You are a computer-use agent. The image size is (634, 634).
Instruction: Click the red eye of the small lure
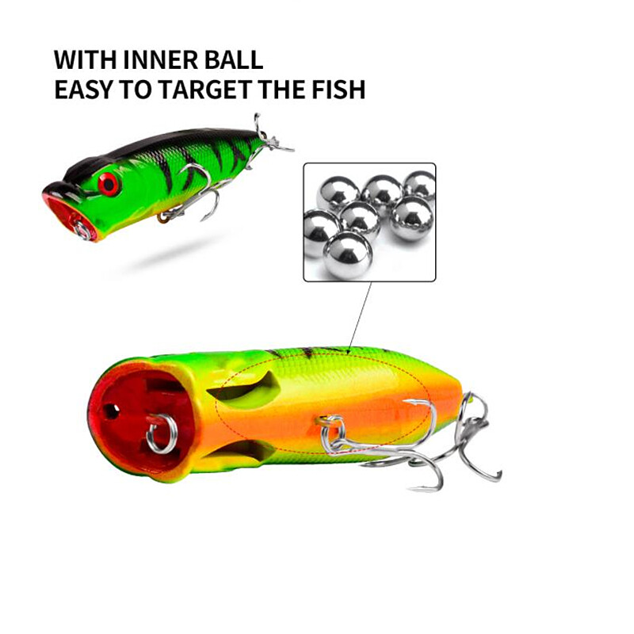click(108, 184)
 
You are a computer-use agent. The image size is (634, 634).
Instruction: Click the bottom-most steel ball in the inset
click(348, 253)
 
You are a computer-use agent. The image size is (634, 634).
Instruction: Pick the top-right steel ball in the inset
click(420, 185)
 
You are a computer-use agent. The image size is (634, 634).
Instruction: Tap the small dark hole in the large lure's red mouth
click(110, 413)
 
